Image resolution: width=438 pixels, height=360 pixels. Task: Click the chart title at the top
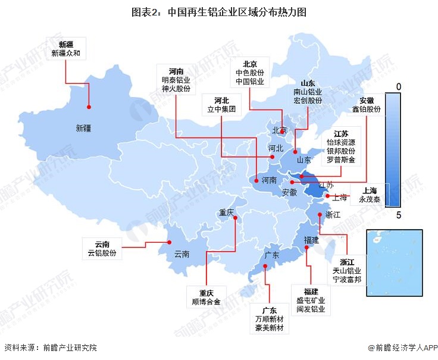[x=218, y=12]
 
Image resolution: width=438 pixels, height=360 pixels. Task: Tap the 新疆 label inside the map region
[x=84, y=127]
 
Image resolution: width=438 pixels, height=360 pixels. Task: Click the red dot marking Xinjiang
[x=89, y=107]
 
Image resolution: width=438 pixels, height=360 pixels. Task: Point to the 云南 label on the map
[x=182, y=254]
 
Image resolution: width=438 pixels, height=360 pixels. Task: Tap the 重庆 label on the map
[x=227, y=212]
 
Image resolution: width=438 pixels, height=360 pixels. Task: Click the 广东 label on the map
[x=271, y=255]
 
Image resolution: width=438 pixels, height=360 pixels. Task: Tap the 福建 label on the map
[x=311, y=240]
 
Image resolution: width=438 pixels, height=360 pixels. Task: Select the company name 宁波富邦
[x=346, y=280]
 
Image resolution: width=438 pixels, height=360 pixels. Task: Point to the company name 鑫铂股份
[x=367, y=109]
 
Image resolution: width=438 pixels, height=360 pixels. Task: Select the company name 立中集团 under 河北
[x=221, y=109]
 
